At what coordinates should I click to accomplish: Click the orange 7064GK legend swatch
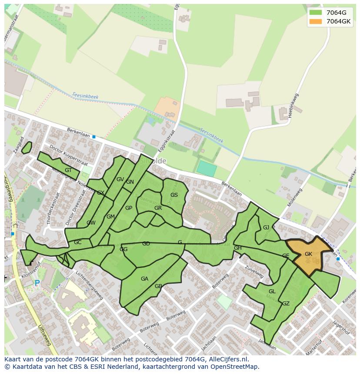pos(316,21)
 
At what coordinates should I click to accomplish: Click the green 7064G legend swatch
pos(316,13)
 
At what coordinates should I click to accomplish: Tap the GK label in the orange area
pos(308,254)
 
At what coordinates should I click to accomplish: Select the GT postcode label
pos(68,170)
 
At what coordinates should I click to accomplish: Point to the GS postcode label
pos(174,195)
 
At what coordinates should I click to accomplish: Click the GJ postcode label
pos(266,227)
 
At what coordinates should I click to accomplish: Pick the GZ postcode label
pos(286,304)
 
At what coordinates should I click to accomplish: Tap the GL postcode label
pos(272,291)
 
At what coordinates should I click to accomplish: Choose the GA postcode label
pos(144,279)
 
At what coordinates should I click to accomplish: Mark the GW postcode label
pos(91,223)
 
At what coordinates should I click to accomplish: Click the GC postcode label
pos(78,242)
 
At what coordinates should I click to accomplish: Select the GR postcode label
pos(158,208)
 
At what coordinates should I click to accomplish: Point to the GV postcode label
pos(120,179)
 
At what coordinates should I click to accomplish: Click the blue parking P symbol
pos(37,283)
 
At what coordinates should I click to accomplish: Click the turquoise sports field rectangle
pos(207,169)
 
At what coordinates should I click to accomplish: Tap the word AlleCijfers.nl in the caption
pos(227,359)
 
